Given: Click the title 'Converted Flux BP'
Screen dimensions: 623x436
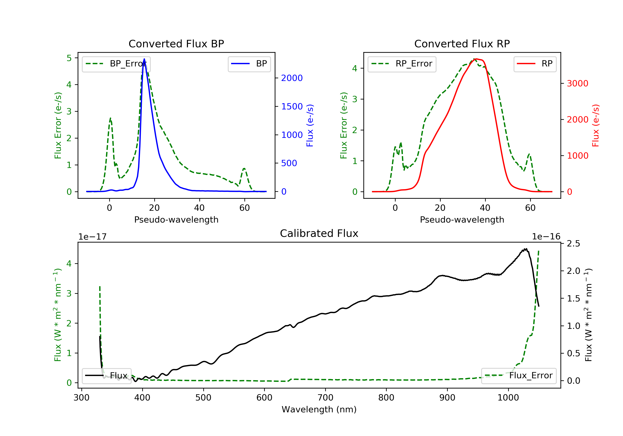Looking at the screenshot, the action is point(176,44).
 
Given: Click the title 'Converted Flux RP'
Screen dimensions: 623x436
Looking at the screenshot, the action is point(462,44).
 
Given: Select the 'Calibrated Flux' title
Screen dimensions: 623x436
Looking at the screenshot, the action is point(319,233).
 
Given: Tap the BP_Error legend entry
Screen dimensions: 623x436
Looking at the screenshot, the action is point(116,64).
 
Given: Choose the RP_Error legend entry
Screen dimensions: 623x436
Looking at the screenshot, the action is point(402,64).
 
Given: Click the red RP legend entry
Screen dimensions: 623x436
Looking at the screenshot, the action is point(535,64).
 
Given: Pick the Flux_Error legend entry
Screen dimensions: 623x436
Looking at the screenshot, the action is point(519,376).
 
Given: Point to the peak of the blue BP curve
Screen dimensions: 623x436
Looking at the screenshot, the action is point(144,59).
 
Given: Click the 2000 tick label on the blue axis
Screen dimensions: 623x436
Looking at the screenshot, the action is point(292,78).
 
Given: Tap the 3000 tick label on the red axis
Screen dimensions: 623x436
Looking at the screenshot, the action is point(577,83).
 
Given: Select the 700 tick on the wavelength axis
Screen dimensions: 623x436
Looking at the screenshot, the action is point(325,398).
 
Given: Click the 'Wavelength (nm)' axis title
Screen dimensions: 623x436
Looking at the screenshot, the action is point(319,409).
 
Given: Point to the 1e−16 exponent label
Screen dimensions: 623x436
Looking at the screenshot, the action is point(546,237).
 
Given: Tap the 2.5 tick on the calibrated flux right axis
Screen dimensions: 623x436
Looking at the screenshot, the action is point(573,244).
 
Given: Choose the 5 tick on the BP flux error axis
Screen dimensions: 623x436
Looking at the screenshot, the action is point(69,58).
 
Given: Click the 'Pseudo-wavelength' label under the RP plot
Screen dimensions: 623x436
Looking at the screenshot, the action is point(462,219).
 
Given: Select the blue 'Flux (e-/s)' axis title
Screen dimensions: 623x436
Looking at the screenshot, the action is point(310,126).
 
